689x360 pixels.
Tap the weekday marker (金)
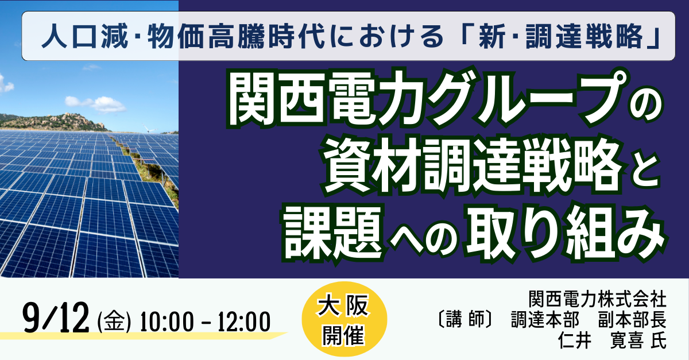114,322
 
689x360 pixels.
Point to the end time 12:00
244,322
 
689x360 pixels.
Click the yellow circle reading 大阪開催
344,319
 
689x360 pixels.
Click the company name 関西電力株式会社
597,299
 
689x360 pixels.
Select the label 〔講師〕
465,320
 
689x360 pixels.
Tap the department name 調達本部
545,320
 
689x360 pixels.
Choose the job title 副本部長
632,320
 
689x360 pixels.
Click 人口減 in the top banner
84,36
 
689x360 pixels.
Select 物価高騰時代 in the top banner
235,36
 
